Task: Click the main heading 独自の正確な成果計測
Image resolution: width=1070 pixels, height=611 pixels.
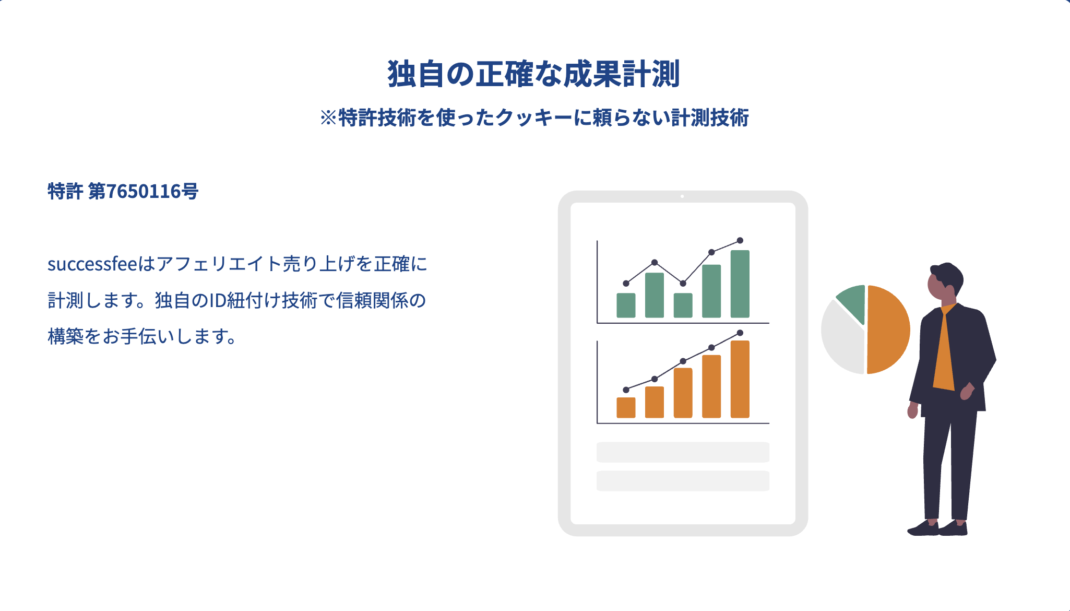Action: (533, 74)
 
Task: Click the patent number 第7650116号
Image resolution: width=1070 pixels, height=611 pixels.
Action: (143, 191)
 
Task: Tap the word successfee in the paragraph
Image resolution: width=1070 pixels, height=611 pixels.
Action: (92, 264)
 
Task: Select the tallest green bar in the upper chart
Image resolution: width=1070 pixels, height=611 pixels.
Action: (740, 284)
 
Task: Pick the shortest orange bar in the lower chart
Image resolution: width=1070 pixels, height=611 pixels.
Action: (626, 407)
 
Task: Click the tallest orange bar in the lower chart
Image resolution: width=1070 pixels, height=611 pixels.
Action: (740, 379)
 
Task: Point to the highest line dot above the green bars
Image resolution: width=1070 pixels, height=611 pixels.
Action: (740, 241)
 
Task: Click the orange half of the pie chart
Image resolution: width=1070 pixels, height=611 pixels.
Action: (888, 330)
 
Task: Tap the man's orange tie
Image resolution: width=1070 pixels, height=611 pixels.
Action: (945, 350)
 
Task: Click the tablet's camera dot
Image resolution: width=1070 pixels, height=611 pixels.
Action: (682, 196)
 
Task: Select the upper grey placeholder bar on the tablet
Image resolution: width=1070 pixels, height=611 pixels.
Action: (683, 452)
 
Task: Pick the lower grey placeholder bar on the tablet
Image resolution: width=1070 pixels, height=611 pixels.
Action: (683, 481)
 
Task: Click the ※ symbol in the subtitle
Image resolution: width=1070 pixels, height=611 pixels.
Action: (329, 118)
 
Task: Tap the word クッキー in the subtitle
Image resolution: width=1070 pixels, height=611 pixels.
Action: (534, 118)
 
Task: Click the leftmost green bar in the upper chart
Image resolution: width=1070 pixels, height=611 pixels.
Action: (626, 305)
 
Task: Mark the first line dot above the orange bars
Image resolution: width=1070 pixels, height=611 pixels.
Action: (626, 390)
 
